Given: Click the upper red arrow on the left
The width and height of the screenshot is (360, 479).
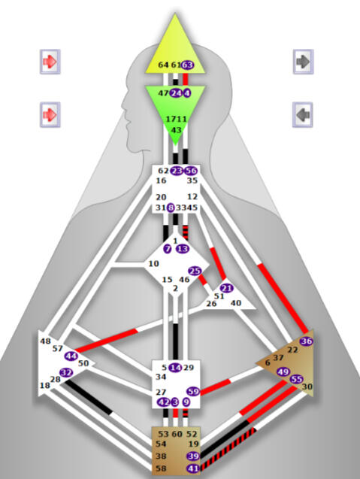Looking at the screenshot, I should coord(50,61).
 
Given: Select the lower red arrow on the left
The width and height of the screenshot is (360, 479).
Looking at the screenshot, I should coord(50,115).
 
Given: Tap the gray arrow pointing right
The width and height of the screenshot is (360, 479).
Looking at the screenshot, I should coord(303,61).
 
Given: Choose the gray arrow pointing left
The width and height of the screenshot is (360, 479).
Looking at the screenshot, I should coord(303,115).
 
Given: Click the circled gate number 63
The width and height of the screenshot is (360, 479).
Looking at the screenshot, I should coord(188,65).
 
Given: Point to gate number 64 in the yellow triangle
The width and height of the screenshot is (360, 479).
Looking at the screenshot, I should coord(164,65).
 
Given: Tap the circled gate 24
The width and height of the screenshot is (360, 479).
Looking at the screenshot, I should coord(175,93).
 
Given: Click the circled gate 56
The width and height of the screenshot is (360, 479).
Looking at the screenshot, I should coord(191,171).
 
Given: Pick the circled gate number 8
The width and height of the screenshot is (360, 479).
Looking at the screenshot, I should coord(171,208).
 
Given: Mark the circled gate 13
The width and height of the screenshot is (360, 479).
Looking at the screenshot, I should coord(183,249).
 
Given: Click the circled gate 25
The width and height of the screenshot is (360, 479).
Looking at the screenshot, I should coord(195,271).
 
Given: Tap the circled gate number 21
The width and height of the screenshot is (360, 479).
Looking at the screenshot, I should coord(227,288).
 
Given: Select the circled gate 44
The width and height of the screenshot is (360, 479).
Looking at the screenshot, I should coord(71,356).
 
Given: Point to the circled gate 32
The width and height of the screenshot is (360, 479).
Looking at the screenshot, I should coord(66,372).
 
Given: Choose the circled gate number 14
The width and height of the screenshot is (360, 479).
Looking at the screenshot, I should coord(175,367).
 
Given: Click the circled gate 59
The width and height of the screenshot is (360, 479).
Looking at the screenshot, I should coord(192,391).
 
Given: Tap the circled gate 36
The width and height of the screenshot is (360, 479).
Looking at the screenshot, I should coord(306,341).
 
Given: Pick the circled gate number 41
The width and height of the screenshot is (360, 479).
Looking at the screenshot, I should coord(193,468).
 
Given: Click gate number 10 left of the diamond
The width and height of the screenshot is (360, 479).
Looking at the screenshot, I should coord(154,263).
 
